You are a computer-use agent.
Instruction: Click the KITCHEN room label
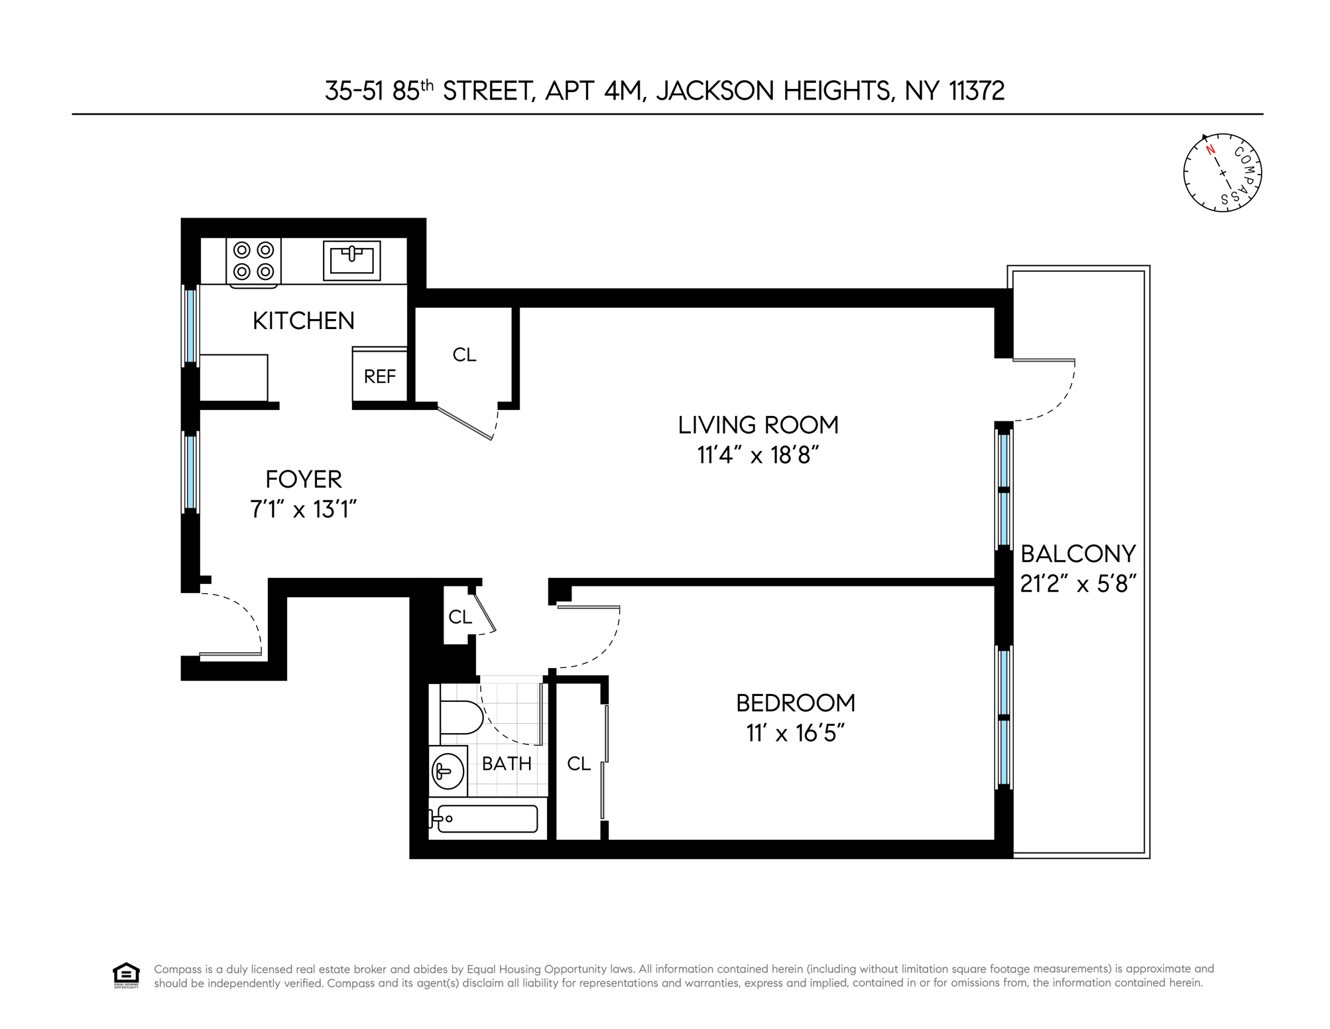pyautogui.click(x=304, y=321)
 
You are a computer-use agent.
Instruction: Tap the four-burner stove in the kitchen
pyautogui.click(x=254, y=261)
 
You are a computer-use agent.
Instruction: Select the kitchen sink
pyautogui.click(x=351, y=260)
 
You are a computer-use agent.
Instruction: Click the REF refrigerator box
pyautogui.click(x=379, y=377)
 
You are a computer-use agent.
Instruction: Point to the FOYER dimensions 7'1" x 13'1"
pyautogui.click(x=304, y=510)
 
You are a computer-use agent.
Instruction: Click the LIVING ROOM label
pyautogui.click(x=758, y=425)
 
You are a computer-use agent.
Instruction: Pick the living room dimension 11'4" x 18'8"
pyautogui.click(x=758, y=456)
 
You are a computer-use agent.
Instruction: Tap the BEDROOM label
pyautogui.click(x=795, y=703)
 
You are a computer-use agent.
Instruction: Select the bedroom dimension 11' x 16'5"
pyautogui.click(x=795, y=734)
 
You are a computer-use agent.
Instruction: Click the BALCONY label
pyautogui.click(x=1078, y=553)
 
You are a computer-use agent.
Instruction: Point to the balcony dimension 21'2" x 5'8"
pyautogui.click(x=1078, y=584)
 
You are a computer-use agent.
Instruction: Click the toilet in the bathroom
pyautogui.click(x=460, y=717)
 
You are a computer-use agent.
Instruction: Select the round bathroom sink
pyautogui.click(x=446, y=771)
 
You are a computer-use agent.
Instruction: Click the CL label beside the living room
pyautogui.click(x=464, y=355)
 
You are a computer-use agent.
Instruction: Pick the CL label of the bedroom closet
pyautogui.click(x=578, y=764)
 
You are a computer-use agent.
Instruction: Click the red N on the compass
pyautogui.click(x=1210, y=150)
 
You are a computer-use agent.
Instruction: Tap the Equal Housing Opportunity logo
pyautogui.click(x=126, y=975)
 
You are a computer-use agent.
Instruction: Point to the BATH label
pyautogui.click(x=507, y=764)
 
